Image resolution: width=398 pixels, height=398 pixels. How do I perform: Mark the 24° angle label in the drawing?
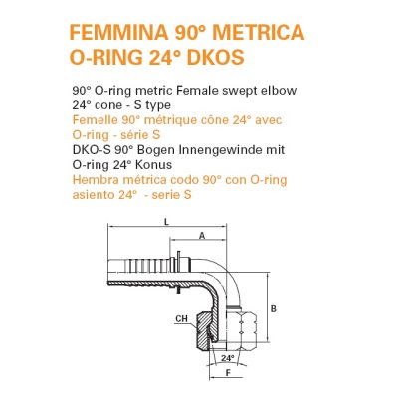[x=228, y=356]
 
